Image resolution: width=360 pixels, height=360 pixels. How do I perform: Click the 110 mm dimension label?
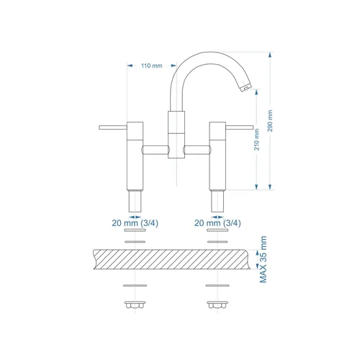pyautogui.click(x=152, y=66)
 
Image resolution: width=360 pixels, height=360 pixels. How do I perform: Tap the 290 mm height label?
pyautogui.click(x=270, y=121)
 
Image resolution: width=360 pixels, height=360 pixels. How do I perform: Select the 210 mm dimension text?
pyautogui.click(x=256, y=140)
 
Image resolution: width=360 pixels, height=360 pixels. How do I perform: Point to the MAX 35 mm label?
pyautogui.click(x=263, y=259)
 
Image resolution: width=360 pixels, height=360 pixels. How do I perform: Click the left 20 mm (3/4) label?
pyautogui.click(x=135, y=223)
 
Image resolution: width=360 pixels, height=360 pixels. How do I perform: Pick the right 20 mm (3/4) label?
pyautogui.click(x=217, y=223)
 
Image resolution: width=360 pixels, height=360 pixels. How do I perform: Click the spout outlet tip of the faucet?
pyautogui.click(x=246, y=87)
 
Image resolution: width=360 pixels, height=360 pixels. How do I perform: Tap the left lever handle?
pyautogui.click(x=113, y=127)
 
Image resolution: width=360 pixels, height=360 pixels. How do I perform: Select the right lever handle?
pyautogui.click(x=240, y=127)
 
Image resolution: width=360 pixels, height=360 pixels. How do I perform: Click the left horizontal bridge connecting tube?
pyautogui.click(x=156, y=150)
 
